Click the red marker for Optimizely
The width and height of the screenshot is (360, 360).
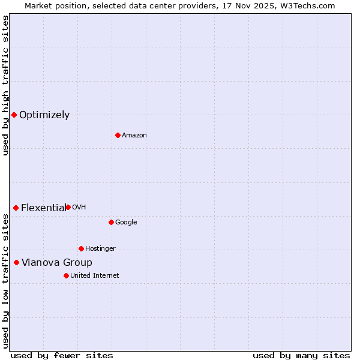pos(14,115)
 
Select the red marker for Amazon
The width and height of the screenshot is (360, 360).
pos(118,135)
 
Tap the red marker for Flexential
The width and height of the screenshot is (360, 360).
pos(16,208)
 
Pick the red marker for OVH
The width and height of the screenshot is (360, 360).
pos(68,207)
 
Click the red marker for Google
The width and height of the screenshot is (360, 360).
pos(111,222)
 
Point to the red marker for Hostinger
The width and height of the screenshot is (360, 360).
pos(81,248)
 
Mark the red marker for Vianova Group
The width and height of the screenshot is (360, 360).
pos(16,262)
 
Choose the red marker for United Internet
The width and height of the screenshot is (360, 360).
pos(66,275)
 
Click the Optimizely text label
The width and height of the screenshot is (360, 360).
pos(44,115)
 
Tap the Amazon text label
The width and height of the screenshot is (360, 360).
pos(134,136)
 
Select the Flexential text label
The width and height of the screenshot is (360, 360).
pos(43,208)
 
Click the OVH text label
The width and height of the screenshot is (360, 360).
pos(79,208)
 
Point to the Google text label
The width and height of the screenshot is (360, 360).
pos(126,223)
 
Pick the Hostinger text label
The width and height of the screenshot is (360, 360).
pos(100,249)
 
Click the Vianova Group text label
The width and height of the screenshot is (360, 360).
pos(57,263)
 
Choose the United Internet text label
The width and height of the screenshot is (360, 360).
pos(95,276)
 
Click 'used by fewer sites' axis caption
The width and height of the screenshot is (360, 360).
pos(62,356)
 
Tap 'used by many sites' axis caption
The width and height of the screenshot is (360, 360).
pos(301,356)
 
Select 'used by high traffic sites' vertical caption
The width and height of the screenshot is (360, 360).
pos(5,85)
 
